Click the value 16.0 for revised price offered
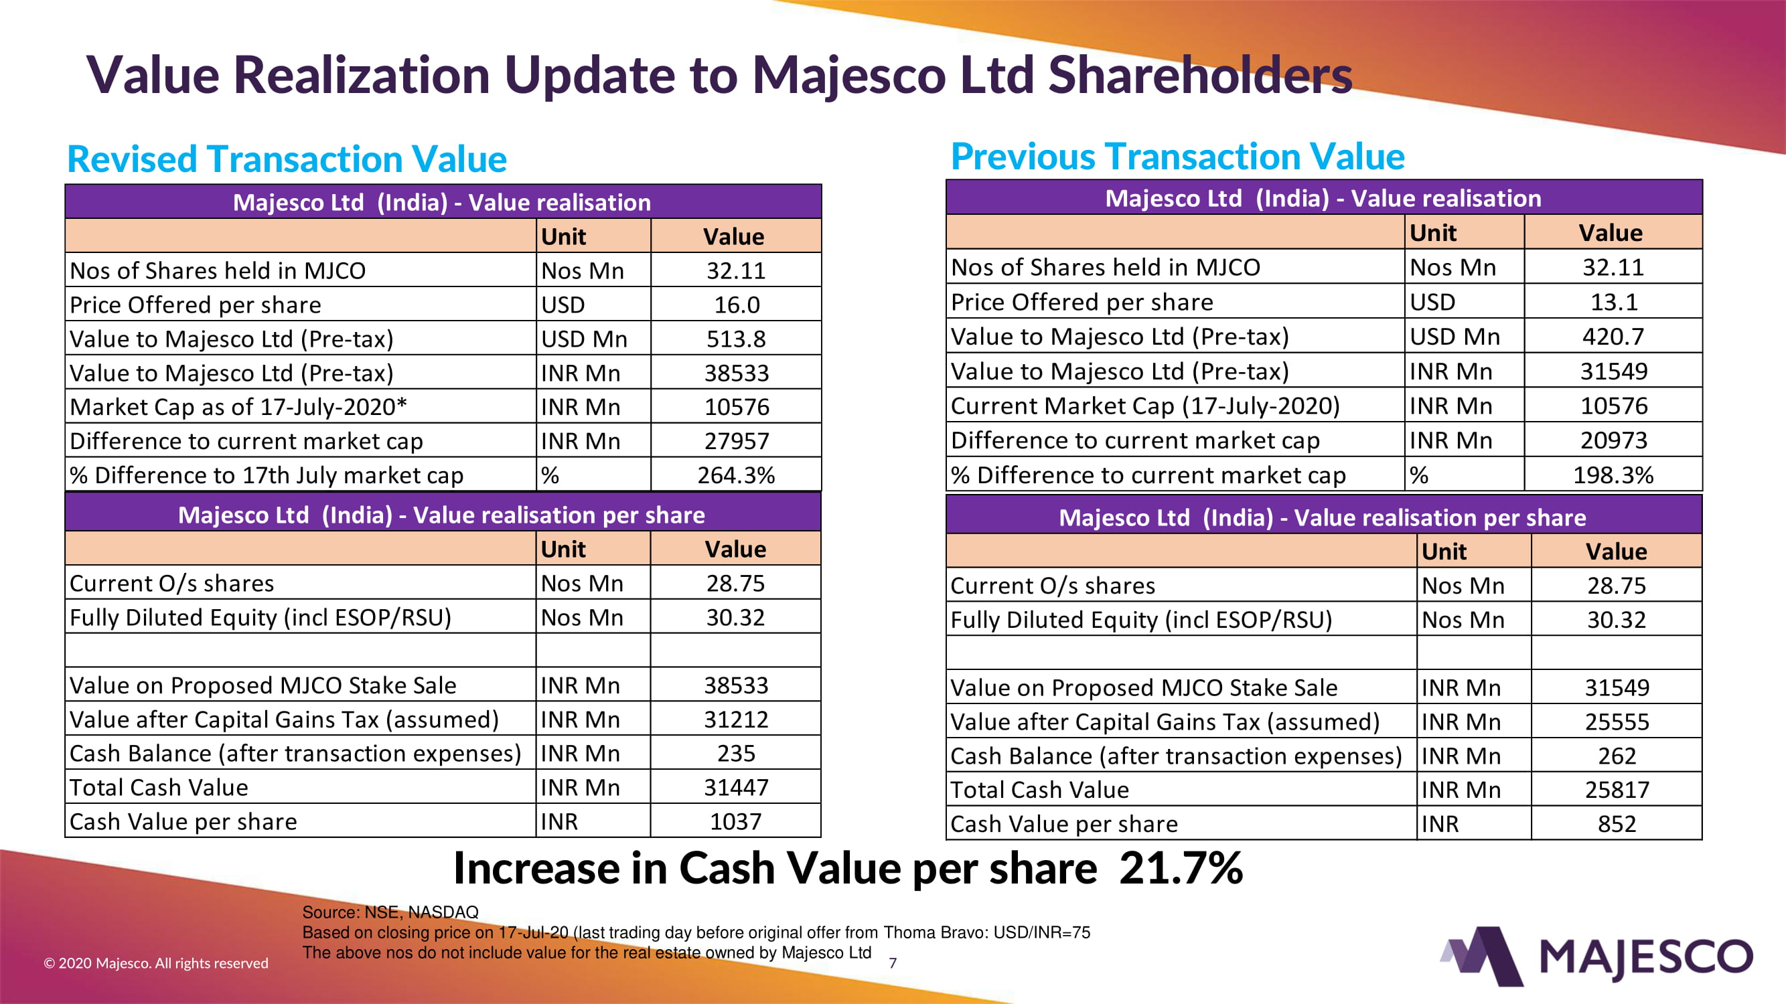pyautogui.click(x=737, y=305)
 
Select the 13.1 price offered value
pyautogui.click(x=1613, y=302)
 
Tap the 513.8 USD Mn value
pyautogui.click(x=737, y=339)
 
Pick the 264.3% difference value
pyautogui.click(x=737, y=475)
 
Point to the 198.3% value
pyautogui.click(x=1613, y=475)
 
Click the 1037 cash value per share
pyautogui.click(x=735, y=822)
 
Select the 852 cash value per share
pyautogui.click(x=1617, y=824)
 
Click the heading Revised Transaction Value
pyautogui.click(x=287, y=159)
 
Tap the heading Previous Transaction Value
pyautogui.click(x=1177, y=157)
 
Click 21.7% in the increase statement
pyautogui.click(x=1181, y=868)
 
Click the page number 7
pyautogui.click(x=893, y=963)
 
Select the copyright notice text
pyautogui.click(x=156, y=963)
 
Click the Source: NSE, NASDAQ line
pyautogui.click(x=390, y=912)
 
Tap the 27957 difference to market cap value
pyautogui.click(x=737, y=441)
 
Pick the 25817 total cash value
pyautogui.click(x=1617, y=790)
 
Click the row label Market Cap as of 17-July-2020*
pyautogui.click(x=238, y=407)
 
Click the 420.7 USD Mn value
pyautogui.click(x=1613, y=337)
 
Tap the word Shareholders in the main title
pyautogui.click(x=1200, y=75)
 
